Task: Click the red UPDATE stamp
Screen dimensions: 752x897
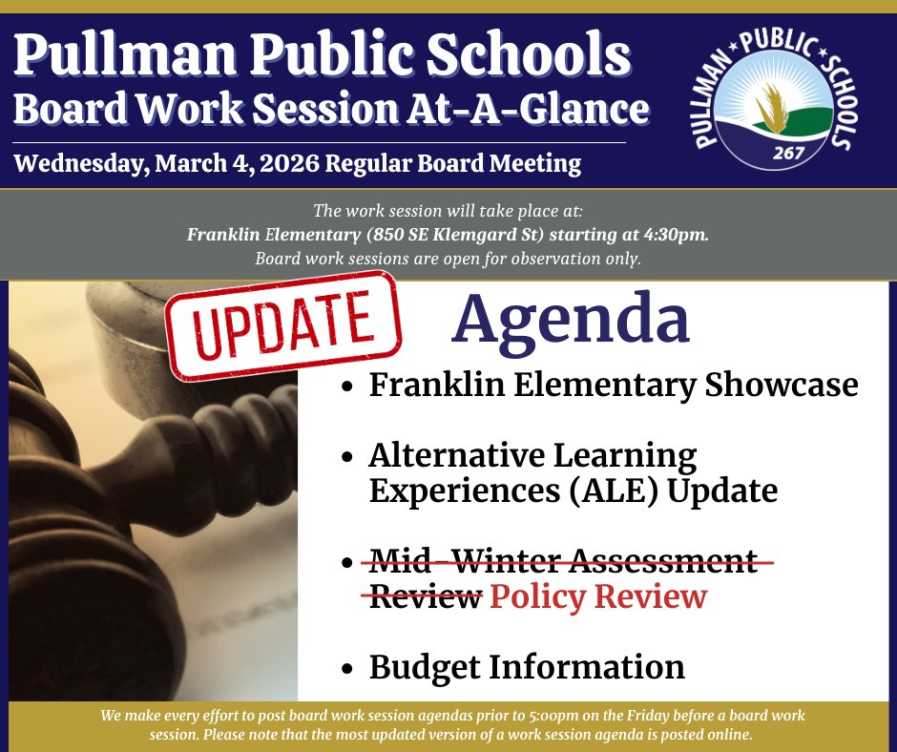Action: click(282, 325)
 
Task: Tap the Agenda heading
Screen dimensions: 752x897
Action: click(570, 320)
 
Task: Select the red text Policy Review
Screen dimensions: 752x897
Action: click(598, 596)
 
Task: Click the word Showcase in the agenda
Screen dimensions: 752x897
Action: click(782, 385)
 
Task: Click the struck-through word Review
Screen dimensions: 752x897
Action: click(423, 596)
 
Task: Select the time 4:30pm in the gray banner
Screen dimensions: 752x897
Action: click(678, 235)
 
